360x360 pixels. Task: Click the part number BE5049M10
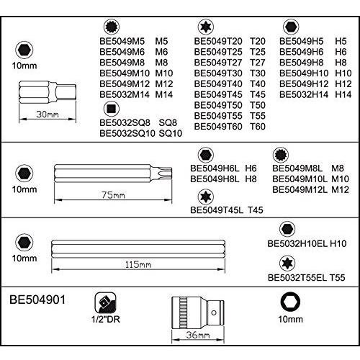pyautogui.click(x=125, y=73)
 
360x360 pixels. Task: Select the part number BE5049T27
pyautogui.click(x=218, y=63)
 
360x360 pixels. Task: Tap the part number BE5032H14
pyautogui.click(x=304, y=94)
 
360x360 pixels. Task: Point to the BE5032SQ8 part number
pyautogui.click(x=125, y=122)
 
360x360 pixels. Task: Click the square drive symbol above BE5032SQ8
pyautogui.click(x=112, y=109)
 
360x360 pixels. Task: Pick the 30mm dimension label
pyautogui.click(x=48, y=114)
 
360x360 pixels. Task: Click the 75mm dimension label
pyautogui.click(x=113, y=195)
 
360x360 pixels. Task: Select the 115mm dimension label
pyautogui.click(x=138, y=264)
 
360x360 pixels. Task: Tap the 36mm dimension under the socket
pyautogui.click(x=198, y=335)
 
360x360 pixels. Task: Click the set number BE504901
pyautogui.click(x=37, y=300)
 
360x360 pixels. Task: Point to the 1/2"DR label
pyautogui.click(x=106, y=319)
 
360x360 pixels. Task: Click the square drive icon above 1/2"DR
pyautogui.click(x=105, y=303)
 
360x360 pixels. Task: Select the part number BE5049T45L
pyautogui.click(x=217, y=210)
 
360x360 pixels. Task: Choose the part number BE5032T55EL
pyautogui.click(x=297, y=278)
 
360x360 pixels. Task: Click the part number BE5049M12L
pyautogui.click(x=300, y=189)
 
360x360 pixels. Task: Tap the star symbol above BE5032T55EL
pyautogui.click(x=287, y=264)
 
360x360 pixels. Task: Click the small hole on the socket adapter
pyautogui.click(x=214, y=312)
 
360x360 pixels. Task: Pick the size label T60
pyautogui.click(x=258, y=127)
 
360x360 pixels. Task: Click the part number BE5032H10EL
pyautogui.click(x=297, y=243)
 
